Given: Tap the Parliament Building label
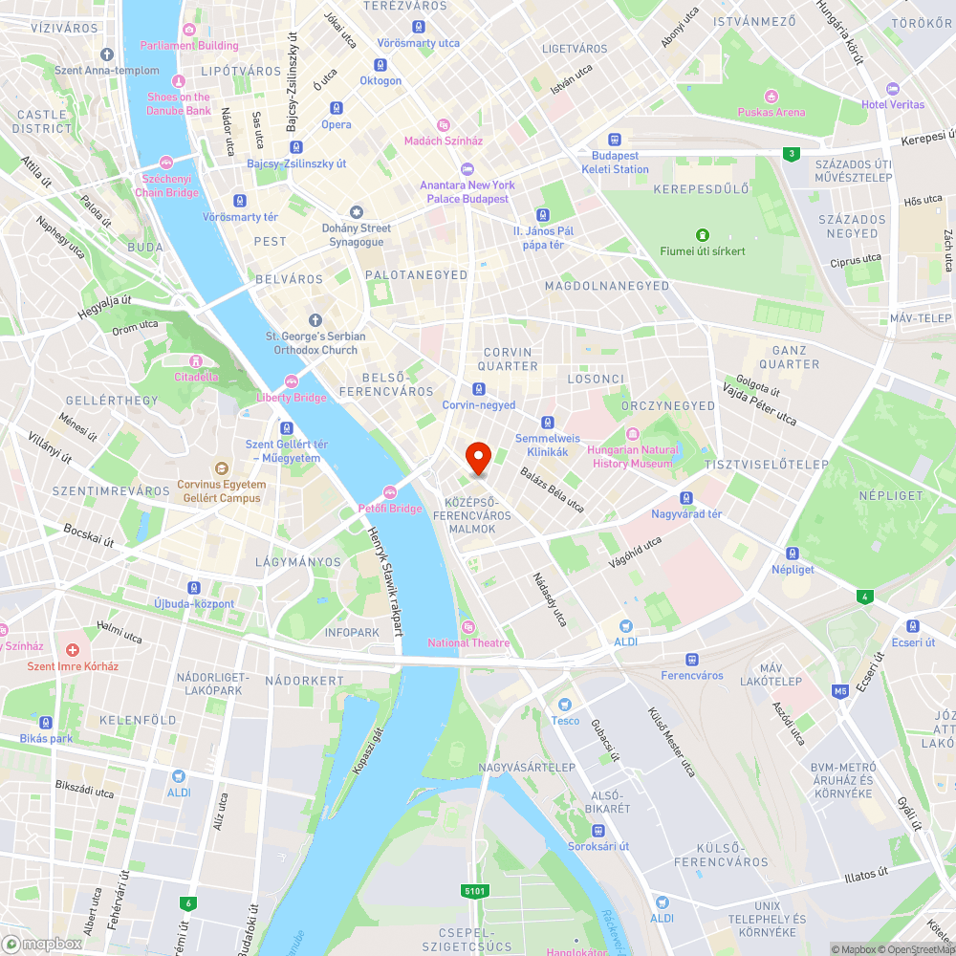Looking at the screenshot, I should pos(189,45).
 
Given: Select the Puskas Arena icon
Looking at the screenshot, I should pos(771,96).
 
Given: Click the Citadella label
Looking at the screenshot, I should pos(196,377).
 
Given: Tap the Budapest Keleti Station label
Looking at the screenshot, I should pos(615,163).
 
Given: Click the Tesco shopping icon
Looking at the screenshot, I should pos(565,705).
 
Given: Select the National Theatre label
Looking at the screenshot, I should pos(468,642).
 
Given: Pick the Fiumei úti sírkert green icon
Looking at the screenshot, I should pos(703,235).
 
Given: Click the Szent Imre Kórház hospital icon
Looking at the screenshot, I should pos(73,650).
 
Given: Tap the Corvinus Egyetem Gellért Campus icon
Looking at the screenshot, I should pos(222,468).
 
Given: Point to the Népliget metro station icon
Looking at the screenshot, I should pos(793,554).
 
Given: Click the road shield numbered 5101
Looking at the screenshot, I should pos(475,891).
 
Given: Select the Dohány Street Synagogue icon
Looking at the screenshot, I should pos(357,211).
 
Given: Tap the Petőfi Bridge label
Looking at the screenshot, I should pos(390,509).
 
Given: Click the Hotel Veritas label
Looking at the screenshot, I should pos(893,104).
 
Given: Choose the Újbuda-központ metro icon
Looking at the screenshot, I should pos(194,588).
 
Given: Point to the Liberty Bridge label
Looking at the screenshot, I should pos(292,398).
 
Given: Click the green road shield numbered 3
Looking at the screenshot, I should pos(790,153).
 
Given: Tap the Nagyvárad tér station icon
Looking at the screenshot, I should pos(686,498).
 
